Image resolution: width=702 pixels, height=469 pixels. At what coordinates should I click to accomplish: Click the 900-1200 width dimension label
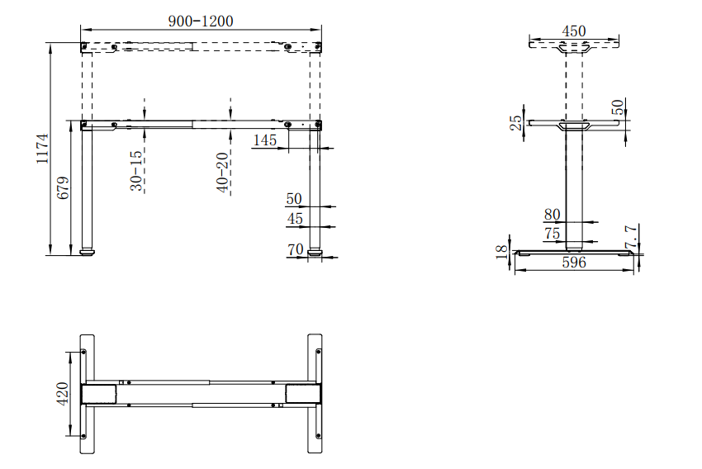(x=201, y=21)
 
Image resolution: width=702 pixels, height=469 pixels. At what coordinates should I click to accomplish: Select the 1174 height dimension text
(x=42, y=149)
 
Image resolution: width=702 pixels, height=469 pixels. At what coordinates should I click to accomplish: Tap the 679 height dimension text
(x=63, y=187)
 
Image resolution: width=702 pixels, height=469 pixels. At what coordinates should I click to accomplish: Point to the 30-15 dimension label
(x=136, y=170)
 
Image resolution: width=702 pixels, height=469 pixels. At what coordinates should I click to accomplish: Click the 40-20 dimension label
(x=222, y=173)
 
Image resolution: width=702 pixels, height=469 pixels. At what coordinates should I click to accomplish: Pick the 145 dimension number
(x=265, y=140)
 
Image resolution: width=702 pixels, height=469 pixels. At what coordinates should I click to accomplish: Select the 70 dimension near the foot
(x=296, y=249)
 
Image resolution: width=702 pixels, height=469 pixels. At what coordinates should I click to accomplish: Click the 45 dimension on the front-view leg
(x=295, y=219)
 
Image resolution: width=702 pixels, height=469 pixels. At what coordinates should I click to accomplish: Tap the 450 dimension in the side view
(x=574, y=31)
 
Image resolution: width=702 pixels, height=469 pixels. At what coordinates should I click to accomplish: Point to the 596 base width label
(x=574, y=263)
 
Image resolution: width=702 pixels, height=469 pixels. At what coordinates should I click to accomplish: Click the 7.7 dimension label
(x=631, y=237)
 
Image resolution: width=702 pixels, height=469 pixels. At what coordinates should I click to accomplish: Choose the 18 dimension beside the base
(x=502, y=252)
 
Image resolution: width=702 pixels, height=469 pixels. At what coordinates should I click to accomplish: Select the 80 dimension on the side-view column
(x=552, y=215)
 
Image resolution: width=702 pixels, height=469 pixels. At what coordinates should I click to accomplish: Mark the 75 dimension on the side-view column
(x=552, y=234)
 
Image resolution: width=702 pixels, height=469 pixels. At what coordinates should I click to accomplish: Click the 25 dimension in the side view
(x=516, y=123)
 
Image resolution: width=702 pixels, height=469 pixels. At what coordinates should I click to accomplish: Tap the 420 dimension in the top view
(x=63, y=394)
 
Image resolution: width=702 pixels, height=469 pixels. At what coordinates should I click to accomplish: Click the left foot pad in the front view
(x=88, y=252)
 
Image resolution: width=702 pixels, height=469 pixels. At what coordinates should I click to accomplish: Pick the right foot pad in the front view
(x=315, y=252)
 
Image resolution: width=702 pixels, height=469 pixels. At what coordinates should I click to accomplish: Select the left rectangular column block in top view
(x=99, y=394)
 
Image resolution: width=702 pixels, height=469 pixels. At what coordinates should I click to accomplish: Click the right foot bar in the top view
(x=315, y=394)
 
